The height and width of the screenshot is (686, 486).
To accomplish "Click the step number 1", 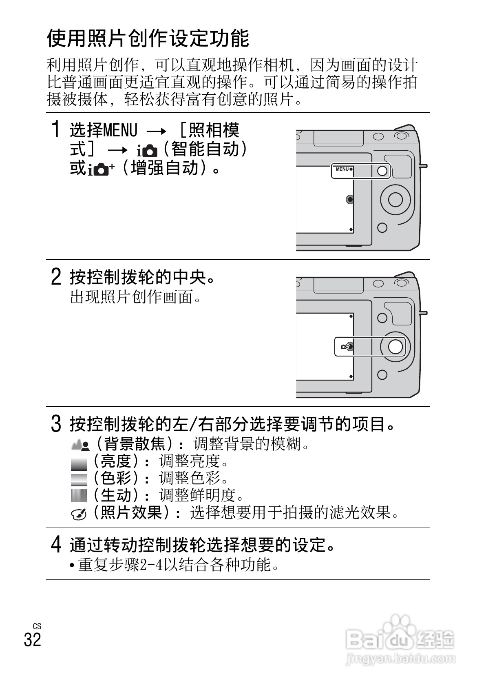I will (x=56, y=130).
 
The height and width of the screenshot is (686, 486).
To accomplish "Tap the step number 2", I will (x=56, y=277).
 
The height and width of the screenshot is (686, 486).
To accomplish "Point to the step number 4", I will (x=56, y=544).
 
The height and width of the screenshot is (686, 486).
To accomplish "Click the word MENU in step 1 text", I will (x=120, y=131).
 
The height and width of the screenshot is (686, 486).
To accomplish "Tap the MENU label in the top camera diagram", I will (x=342, y=169).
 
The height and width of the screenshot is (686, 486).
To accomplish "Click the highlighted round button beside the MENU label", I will (x=382, y=171).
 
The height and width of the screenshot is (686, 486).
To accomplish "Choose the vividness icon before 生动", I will (x=79, y=495).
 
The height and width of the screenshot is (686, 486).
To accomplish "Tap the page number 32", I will (x=33, y=639).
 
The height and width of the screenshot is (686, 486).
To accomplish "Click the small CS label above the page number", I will (x=37, y=626).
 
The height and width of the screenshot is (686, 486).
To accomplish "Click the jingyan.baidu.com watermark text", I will (x=400, y=658).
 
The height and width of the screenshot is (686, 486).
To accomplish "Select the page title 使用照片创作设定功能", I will (x=148, y=39).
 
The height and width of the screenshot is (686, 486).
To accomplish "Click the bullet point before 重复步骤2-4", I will (x=72, y=566).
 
